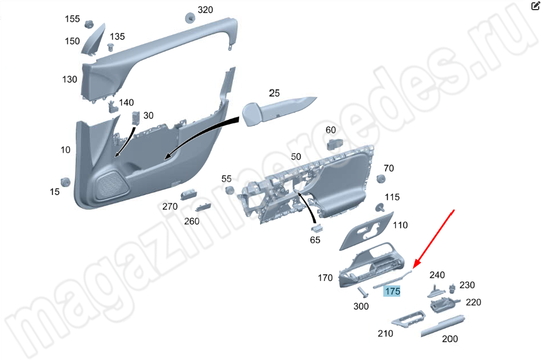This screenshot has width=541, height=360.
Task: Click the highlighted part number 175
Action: click(392, 292)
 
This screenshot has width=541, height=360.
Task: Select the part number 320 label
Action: click(205, 10)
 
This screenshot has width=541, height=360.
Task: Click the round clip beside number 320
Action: click(190, 18)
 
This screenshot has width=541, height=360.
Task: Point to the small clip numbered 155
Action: click(89, 24)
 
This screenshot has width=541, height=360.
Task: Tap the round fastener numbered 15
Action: click(65, 182)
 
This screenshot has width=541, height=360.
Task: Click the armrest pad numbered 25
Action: click(276, 110)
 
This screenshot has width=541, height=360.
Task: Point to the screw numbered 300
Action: click(362, 292)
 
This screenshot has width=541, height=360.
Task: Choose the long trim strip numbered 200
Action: click(443, 325)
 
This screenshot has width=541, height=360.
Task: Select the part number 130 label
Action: click(70, 79)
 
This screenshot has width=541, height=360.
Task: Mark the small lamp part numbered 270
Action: click(188, 194)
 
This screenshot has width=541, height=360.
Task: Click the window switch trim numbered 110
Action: click(366, 231)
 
